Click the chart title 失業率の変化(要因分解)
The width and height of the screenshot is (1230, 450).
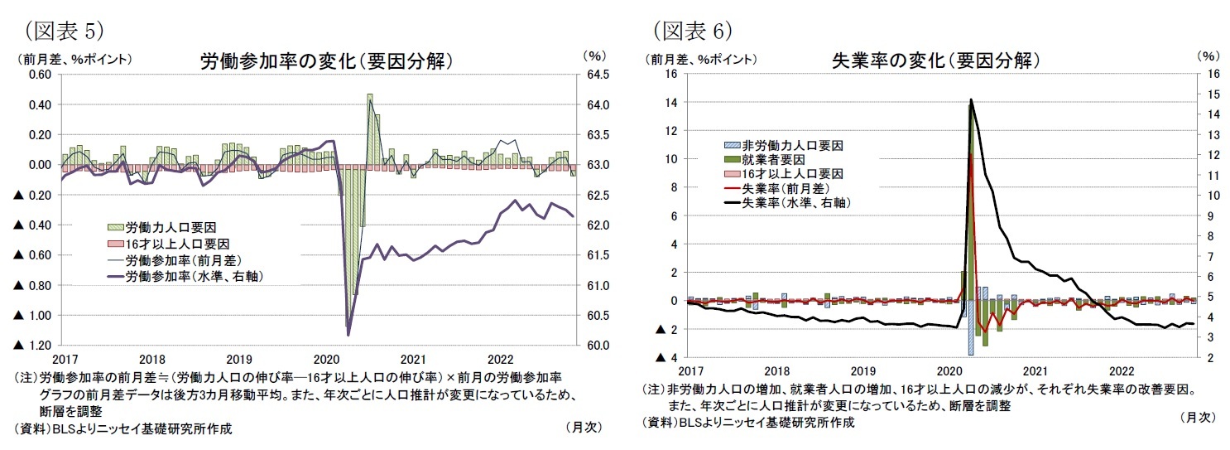click(x=935, y=61)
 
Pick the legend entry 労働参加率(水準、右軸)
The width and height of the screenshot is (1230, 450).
click(x=197, y=275)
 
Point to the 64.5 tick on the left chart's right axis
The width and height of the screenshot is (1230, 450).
click(x=598, y=75)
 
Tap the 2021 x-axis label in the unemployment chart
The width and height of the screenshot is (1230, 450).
click(x=1035, y=370)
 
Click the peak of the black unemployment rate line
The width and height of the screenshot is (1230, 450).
click(x=970, y=100)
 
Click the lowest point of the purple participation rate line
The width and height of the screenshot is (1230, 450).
click(x=348, y=335)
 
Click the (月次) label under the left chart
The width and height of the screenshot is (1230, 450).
click(x=582, y=428)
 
